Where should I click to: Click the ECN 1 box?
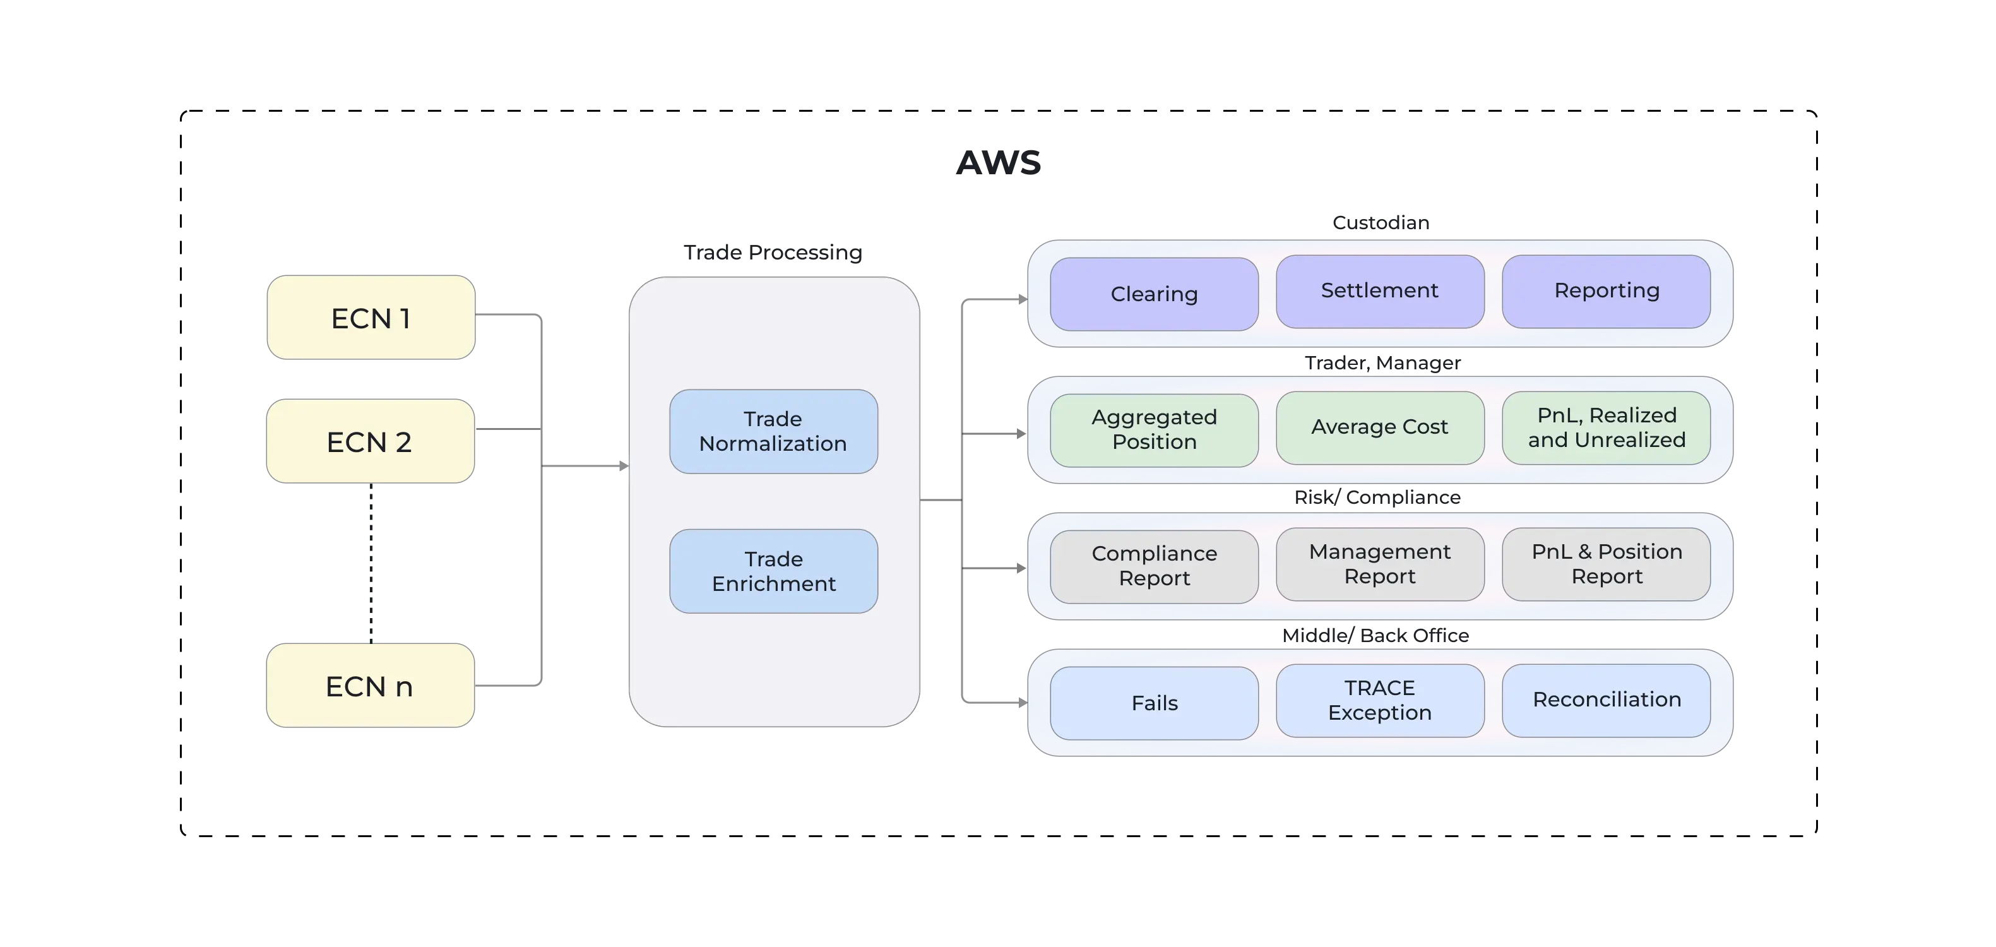click(x=371, y=318)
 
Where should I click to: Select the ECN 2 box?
click(x=371, y=441)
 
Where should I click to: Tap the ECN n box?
click(x=371, y=686)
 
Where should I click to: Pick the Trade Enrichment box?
click(x=773, y=571)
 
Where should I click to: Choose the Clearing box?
click(x=1154, y=294)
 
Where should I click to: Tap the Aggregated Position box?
click(x=1154, y=430)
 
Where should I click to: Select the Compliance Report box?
click(x=1154, y=566)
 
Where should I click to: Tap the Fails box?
click(x=1154, y=703)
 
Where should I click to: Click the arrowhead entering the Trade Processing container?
click(x=621, y=467)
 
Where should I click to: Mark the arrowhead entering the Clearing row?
click(x=1021, y=300)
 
